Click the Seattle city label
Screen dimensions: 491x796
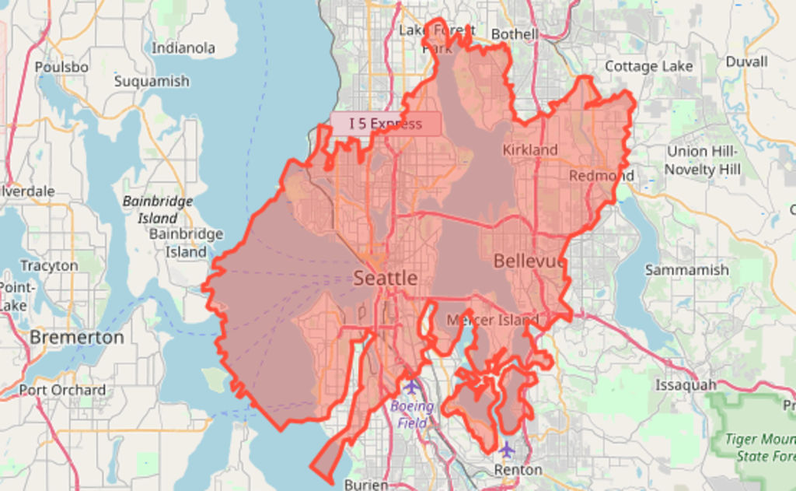pyautogui.click(x=386, y=279)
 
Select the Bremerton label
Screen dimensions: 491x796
pyautogui.click(x=77, y=338)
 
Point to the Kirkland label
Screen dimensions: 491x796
pyautogui.click(x=530, y=149)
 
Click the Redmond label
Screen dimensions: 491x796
pyautogui.click(x=601, y=176)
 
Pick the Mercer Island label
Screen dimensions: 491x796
pyautogui.click(x=492, y=321)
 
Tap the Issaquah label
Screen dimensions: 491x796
pyautogui.click(x=685, y=385)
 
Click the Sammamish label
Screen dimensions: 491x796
pyautogui.click(x=686, y=270)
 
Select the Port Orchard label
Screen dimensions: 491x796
pyautogui.click(x=62, y=390)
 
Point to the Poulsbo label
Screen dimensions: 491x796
pyautogui.click(x=61, y=68)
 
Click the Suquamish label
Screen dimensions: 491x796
pyautogui.click(x=152, y=82)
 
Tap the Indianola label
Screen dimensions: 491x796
pyautogui.click(x=183, y=48)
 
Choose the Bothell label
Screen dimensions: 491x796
pyautogui.click(x=515, y=34)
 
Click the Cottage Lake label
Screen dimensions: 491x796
pyautogui.click(x=648, y=66)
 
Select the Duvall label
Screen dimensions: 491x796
pyautogui.click(x=746, y=61)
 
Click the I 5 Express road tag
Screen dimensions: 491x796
pyautogui.click(x=386, y=124)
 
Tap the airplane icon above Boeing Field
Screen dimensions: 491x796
pyautogui.click(x=411, y=387)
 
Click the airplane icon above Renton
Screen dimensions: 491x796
pyautogui.click(x=507, y=449)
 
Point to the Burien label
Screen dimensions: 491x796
pyautogui.click(x=365, y=484)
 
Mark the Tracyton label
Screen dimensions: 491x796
pyautogui.click(x=49, y=266)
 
